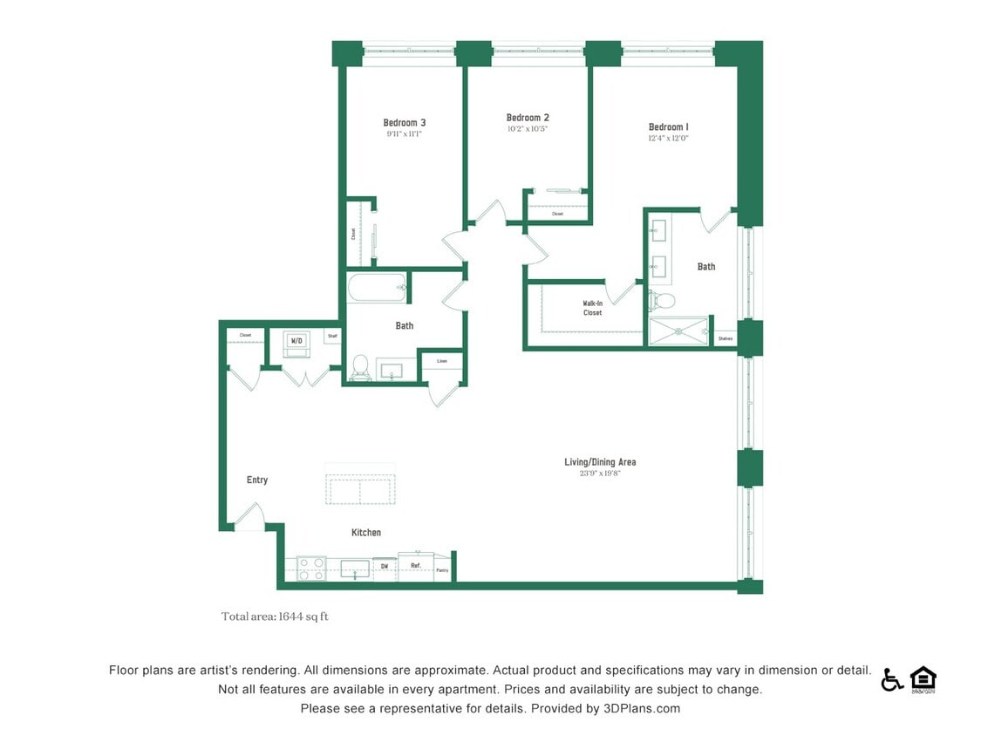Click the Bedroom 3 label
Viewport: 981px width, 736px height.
pos(404,123)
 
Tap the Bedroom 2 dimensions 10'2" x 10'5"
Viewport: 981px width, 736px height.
pos(527,129)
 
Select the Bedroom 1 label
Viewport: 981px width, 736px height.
pos(668,127)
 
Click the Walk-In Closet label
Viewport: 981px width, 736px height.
pos(592,308)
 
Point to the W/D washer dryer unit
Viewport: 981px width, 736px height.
pos(296,342)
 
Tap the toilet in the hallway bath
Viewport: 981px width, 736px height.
pos(359,367)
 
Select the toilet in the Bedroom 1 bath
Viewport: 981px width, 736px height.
pos(663,301)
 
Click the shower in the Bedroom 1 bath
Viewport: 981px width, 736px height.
pos(678,331)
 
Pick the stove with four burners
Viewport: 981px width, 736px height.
pos(311,569)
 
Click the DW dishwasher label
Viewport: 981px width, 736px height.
pos(384,567)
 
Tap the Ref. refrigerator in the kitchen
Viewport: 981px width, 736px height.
pos(416,566)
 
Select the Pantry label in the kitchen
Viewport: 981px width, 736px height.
pos(442,571)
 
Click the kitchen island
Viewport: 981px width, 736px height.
pos(361,490)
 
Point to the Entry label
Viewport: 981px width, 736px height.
pos(257,480)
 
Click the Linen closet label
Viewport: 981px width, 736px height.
pos(442,360)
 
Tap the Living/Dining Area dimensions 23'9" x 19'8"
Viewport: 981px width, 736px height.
pos(599,474)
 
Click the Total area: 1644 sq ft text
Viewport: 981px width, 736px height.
pos(275,617)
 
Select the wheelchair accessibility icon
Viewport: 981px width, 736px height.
pos(891,679)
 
